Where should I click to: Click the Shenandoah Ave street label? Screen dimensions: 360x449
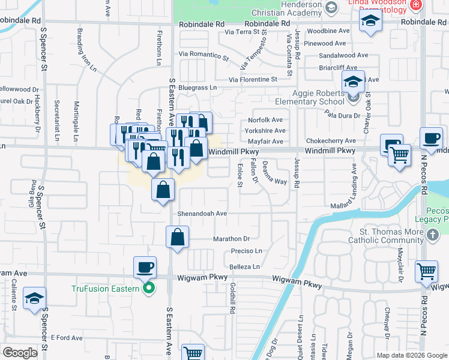coord(202,213)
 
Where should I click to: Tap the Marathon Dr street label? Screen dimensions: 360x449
coord(231,239)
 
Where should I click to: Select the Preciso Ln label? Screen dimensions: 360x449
coord(246,251)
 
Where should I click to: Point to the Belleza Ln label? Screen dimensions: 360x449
coord(244,266)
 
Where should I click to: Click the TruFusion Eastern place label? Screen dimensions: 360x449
coord(106,288)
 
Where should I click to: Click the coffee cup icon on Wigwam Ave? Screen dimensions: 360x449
coord(145,266)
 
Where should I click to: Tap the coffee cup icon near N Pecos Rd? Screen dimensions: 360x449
coord(431,138)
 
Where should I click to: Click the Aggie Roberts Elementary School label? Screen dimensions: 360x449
coord(310,97)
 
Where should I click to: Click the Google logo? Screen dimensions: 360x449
coord(20,352)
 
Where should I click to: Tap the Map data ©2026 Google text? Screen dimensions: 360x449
coord(411,355)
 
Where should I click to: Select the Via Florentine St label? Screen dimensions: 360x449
coord(253,79)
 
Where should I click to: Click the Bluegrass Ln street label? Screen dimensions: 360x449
coord(196,88)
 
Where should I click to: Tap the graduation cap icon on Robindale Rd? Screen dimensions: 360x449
coord(371,23)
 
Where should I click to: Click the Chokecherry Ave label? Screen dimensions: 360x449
coord(331,141)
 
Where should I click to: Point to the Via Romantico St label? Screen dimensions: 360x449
coord(203,56)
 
